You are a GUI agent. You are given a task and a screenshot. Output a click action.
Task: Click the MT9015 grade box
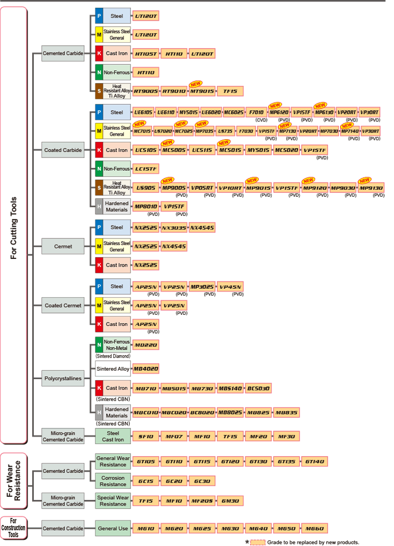tap(201, 91)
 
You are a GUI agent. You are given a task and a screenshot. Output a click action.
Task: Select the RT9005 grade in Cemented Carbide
tap(145, 91)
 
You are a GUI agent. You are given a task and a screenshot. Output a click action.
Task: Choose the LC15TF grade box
tap(147, 169)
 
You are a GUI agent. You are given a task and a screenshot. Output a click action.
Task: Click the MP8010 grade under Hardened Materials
tap(145, 206)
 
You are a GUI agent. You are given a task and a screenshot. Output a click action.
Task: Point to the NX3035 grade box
tap(174, 227)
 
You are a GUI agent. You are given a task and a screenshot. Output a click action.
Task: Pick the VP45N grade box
tap(230, 287)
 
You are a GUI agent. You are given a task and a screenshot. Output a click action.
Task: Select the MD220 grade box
tap(146, 345)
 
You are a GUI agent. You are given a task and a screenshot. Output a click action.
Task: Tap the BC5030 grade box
tap(258, 389)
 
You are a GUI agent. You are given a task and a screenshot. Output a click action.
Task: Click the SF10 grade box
tap(145, 436)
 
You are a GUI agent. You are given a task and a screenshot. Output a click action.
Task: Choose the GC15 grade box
tap(145, 481)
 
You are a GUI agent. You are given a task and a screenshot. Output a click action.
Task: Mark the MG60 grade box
tap(314, 528)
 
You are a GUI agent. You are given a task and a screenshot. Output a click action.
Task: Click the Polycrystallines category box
tap(63, 379)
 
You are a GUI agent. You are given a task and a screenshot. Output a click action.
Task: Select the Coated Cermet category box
tap(63, 305)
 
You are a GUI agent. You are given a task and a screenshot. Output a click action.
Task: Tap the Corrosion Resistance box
tap(113, 481)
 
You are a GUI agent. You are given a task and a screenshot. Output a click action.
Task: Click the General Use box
tap(113, 528)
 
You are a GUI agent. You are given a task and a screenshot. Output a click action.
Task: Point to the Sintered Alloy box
tap(113, 369)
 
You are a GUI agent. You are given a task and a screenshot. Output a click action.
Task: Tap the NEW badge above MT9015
tap(195, 83)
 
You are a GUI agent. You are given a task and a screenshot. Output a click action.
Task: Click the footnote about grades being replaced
tap(313, 542)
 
